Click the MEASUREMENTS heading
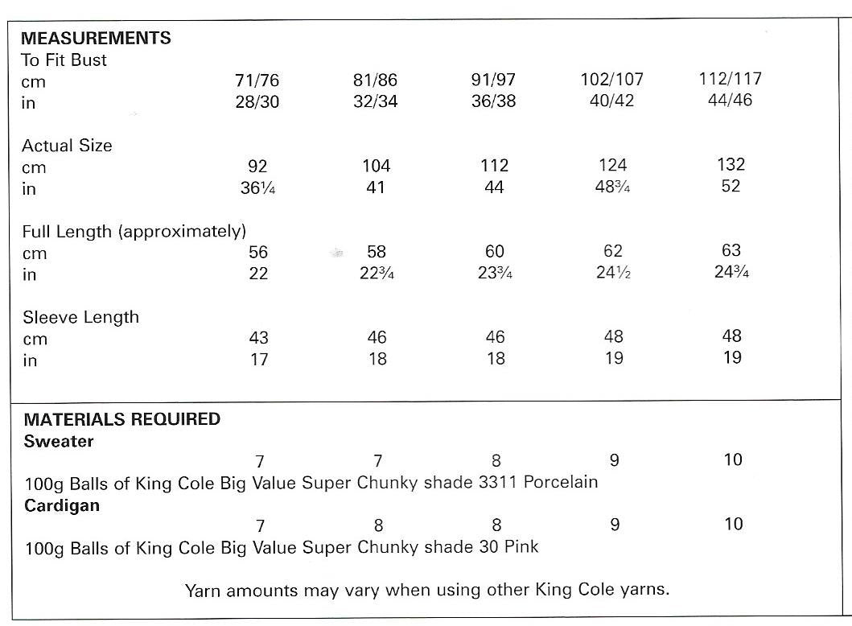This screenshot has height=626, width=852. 96,38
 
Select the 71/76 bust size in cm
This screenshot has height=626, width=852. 257,81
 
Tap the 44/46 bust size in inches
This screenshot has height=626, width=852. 731,101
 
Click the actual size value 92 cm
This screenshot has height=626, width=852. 258,167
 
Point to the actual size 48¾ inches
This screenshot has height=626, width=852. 613,187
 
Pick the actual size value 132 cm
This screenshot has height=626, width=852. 731,165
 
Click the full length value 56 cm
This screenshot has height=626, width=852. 258,253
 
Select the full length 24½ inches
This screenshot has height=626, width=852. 613,273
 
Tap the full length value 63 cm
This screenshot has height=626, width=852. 731,250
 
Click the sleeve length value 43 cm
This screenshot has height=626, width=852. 258,338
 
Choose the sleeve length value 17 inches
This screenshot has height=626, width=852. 258,360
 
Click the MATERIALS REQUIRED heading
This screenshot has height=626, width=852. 121,419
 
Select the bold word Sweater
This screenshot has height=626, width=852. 59,441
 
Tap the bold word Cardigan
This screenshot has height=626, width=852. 62,505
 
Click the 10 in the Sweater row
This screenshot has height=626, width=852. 733,460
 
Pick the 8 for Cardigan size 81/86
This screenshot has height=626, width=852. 378,526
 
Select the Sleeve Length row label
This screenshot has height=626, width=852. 80,317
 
